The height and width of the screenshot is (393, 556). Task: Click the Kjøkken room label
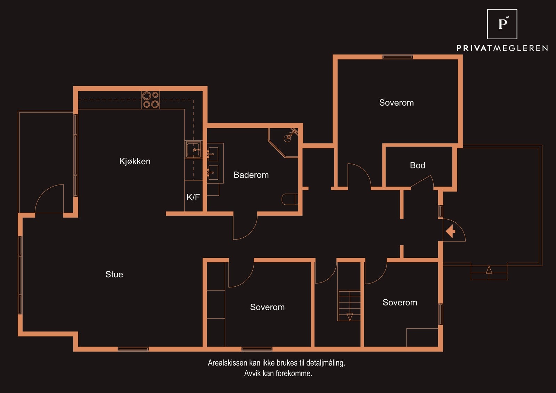click(x=135, y=161)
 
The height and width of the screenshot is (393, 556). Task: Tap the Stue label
click(x=114, y=274)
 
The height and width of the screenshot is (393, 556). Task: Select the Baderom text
click(x=251, y=175)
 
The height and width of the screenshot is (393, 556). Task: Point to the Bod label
click(x=417, y=165)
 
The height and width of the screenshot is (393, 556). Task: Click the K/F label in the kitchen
click(x=193, y=197)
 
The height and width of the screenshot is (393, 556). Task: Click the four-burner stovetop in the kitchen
click(x=150, y=100)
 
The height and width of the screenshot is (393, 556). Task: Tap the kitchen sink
click(x=193, y=150)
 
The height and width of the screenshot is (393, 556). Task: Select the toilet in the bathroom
click(x=290, y=199)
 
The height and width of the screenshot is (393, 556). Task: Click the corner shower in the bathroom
click(x=283, y=143)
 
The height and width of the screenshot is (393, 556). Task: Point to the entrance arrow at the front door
click(x=450, y=231)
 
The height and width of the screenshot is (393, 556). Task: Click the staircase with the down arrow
click(x=349, y=306)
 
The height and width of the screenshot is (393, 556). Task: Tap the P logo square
click(x=502, y=24)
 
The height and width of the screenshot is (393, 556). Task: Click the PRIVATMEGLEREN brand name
click(x=502, y=48)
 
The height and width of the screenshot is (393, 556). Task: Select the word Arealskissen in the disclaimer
click(x=228, y=363)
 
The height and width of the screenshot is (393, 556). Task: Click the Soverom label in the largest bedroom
click(x=396, y=103)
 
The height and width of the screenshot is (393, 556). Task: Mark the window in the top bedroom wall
click(x=398, y=57)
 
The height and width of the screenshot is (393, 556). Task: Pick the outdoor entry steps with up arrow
click(x=489, y=272)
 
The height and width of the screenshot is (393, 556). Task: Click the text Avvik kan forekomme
click(x=278, y=374)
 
